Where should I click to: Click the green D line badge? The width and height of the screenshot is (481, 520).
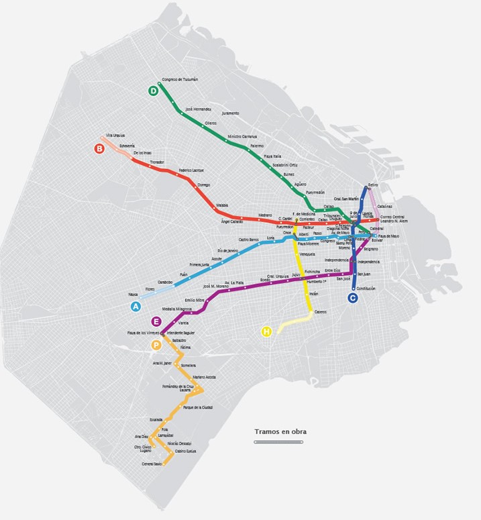(154, 91)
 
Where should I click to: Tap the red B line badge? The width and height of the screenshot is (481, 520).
(99, 149)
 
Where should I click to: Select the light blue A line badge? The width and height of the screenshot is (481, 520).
(136, 307)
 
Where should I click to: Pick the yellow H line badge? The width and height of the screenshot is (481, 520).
(266, 331)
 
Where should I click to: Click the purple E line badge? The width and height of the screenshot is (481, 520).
(156, 321)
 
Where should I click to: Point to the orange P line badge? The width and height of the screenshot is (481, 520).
(156, 345)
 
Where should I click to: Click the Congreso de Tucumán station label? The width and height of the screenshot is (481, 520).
(180, 80)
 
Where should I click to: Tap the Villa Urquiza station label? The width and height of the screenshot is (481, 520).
(115, 136)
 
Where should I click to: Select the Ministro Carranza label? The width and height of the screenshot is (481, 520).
(243, 136)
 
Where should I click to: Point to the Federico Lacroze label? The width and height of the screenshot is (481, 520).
(191, 170)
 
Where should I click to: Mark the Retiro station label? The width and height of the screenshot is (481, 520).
(373, 185)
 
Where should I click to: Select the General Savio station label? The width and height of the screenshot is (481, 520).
(152, 464)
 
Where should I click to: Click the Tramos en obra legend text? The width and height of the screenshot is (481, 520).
(280, 431)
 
